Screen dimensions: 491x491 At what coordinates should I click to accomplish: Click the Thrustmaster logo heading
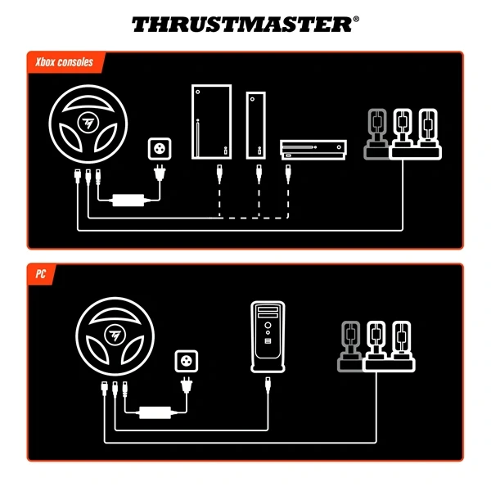245,25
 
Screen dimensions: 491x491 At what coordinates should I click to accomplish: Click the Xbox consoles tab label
64,62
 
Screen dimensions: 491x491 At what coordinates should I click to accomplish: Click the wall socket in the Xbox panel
158,149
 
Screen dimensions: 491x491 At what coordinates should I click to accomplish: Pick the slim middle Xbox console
256,124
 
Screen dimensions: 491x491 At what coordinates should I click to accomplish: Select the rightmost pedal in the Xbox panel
426,131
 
